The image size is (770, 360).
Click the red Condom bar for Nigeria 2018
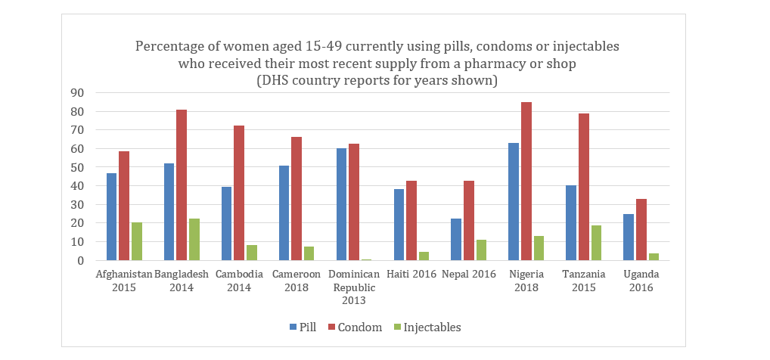526,182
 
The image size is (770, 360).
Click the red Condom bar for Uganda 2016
641,230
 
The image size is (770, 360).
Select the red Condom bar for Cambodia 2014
238,193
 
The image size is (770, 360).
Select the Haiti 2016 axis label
411,275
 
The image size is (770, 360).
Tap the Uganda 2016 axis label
641,281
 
